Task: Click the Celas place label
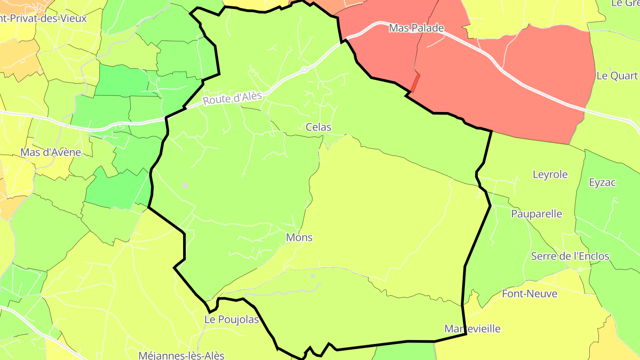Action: (x=318, y=127)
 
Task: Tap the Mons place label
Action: (x=299, y=237)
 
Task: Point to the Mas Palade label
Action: (x=416, y=28)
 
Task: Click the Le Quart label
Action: (x=617, y=76)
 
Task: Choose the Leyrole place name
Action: (x=550, y=174)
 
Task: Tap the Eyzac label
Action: (x=602, y=182)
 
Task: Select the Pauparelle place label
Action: (x=536, y=214)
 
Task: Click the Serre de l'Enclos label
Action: (x=570, y=256)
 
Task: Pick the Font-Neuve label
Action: (x=529, y=293)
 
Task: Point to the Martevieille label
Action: (x=472, y=329)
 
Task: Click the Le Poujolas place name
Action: (x=232, y=320)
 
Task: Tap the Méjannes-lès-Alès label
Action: (x=181, y=355)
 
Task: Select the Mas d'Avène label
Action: (x=51, y=152)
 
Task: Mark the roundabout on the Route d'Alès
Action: (x=304, y=70)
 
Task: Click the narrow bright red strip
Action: (x=416, y=83)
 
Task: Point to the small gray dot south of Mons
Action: (x=313, y=276)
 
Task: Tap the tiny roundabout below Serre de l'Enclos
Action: (x=580, y=269)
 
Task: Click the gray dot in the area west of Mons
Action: (x=185, y=185)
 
